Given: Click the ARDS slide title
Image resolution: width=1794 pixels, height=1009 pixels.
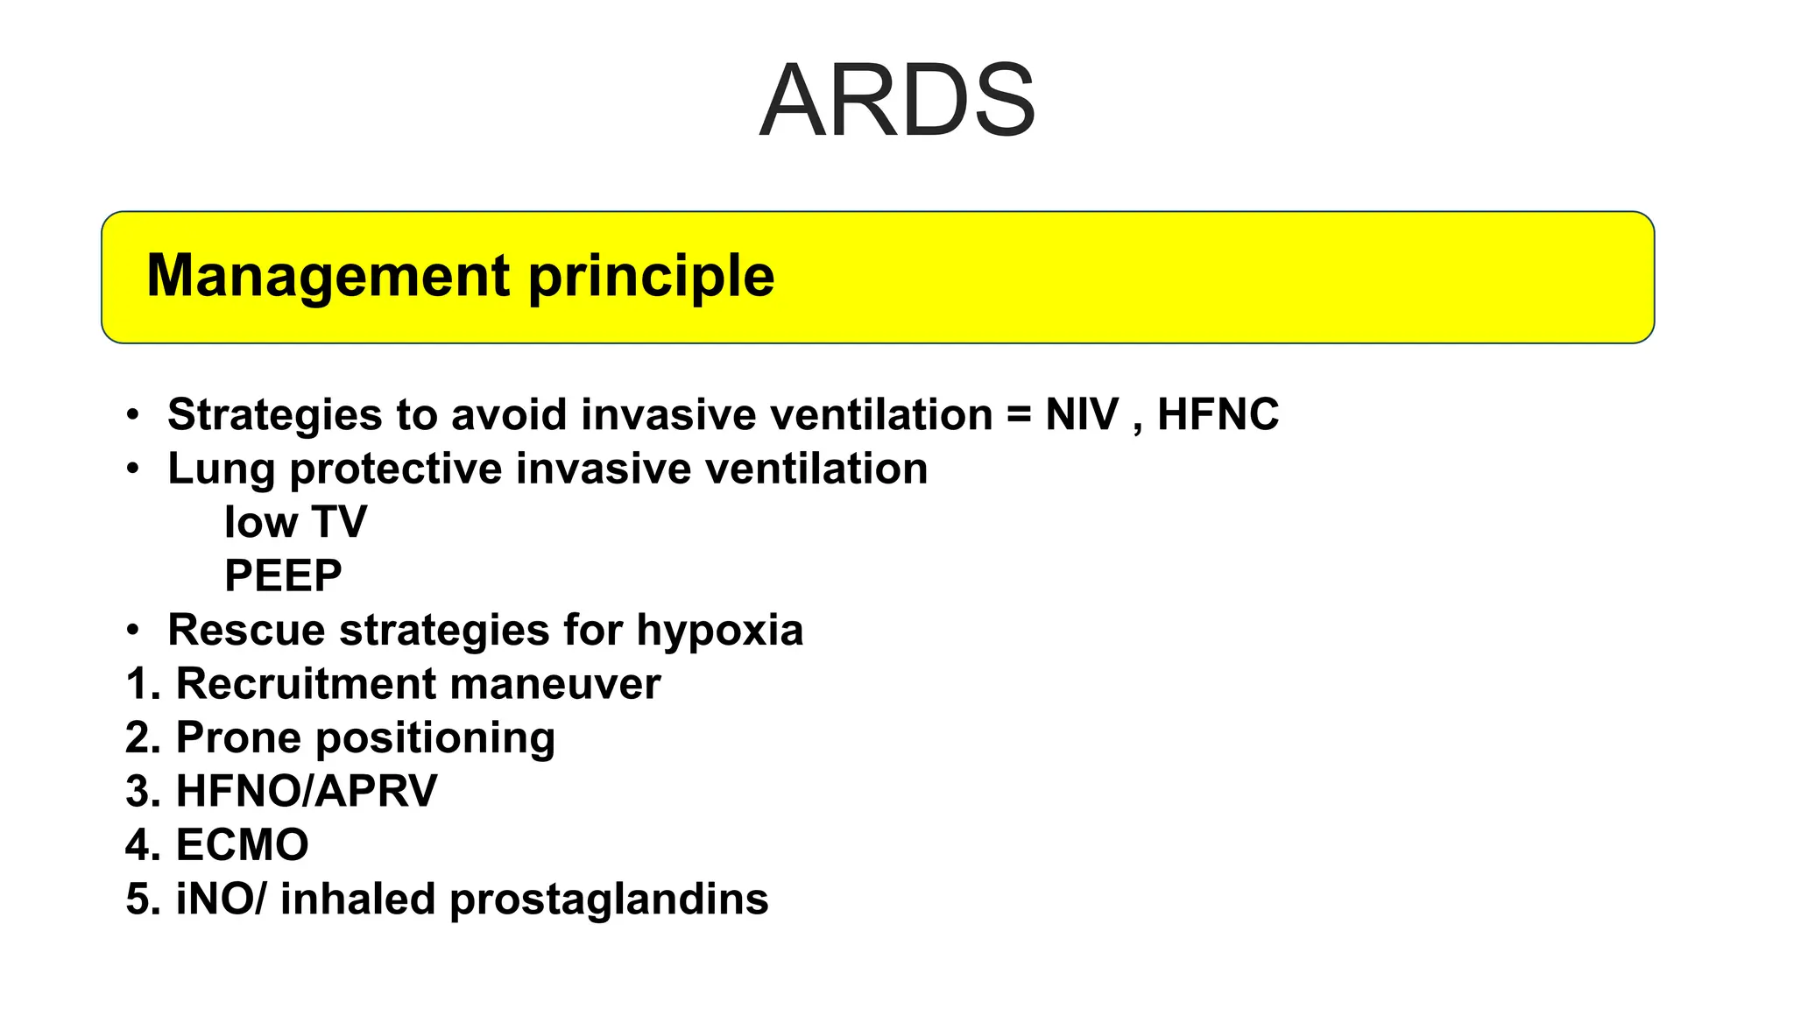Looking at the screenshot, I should pyautogui.click(x=897, y=100).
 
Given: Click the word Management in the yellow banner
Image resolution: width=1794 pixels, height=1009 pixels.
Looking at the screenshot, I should pyautogui.click(x=328, y=276).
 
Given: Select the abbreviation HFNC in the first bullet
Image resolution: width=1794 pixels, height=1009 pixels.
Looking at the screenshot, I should pyautogui.click(x=1218, y=414).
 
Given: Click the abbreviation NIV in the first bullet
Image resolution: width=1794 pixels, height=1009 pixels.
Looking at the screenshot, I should pyautogui.click(x=1082, y=414).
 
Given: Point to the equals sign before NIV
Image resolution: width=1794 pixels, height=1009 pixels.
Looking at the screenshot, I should pyautogui.click(x=1019, y=415).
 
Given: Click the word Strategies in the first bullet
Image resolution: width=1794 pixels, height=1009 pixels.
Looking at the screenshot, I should pyautogui.click(x=274, y=415).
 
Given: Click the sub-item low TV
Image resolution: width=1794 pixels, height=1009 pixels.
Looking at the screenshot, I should pyautogui.click(x=295, y=522).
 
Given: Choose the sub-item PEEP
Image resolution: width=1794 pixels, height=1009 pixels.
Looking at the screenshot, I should pyautogui.click(x=283, y=576).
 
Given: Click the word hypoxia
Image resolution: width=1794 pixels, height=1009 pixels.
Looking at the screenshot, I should pyautogui.click(x=719, y=631).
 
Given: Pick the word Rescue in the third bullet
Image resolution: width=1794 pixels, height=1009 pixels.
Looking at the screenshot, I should pyautogui.click(x=246, y=631).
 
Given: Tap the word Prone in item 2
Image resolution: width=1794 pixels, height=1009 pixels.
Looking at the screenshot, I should pyautogui.click(x=238, y=738).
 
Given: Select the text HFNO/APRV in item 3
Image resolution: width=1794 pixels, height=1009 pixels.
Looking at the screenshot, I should pyautogui.click(x=307, y=791).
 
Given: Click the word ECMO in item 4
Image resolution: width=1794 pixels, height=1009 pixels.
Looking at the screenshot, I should pyautogui.click(x=242, y=845).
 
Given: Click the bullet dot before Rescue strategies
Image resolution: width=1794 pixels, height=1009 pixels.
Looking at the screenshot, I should pyautogui.click(x=132, y=630).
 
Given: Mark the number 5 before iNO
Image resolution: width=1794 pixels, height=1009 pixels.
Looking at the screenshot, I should pyautogui.click(x=138, y=900).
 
